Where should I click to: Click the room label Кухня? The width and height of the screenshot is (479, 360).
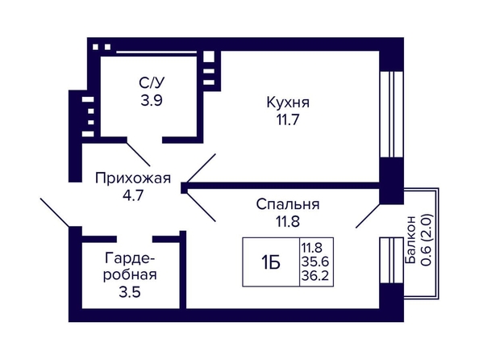[x=288, y=103]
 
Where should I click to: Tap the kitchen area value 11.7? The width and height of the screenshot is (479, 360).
[x=287, y=119]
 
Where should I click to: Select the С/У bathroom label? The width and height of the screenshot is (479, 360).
[x=152, y=82]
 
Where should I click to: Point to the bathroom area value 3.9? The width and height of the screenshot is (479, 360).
[x=152, y=100]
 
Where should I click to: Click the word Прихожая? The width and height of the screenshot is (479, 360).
[x=133, y=178]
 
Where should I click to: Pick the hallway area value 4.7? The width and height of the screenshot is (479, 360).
[x=133, y=195]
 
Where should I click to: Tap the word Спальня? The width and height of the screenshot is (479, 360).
[x=288, y=205]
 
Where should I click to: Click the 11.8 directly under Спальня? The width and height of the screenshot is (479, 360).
[x=288, y=221]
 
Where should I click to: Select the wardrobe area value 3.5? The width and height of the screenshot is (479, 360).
[x=130, y=291]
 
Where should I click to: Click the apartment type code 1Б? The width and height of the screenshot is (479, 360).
[x=271, y=262]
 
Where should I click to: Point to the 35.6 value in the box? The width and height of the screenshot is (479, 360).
[x=315, y=262]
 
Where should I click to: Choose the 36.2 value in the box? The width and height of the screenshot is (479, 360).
[x=315, y=276]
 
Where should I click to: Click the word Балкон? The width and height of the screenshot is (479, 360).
[x=410, y=240]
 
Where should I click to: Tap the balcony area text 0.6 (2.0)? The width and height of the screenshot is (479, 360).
[x=427, y=240]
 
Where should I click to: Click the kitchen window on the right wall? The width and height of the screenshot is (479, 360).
[x=392, y=115]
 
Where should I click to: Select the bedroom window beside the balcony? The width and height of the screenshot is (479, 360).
[x=392, y=261]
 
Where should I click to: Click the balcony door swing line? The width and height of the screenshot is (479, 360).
[x=368, y=216]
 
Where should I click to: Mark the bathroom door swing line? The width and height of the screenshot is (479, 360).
[x=138, y=154]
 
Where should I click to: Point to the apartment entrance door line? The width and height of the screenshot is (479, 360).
[x=55, y=212]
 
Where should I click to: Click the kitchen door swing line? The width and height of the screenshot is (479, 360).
[x=201, y=169]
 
